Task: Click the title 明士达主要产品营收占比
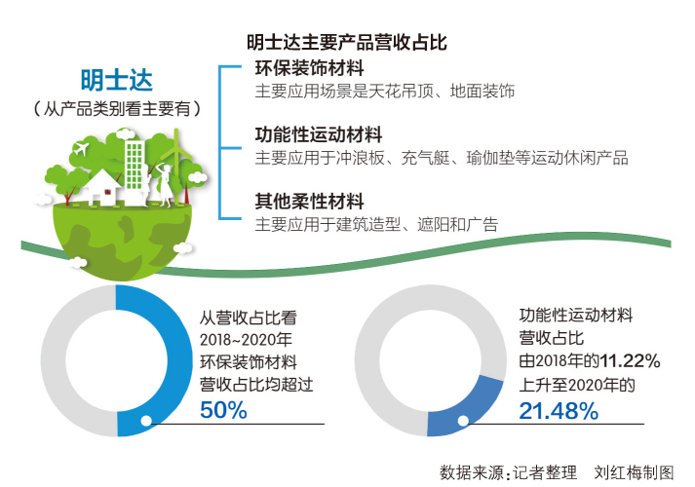[347, 43]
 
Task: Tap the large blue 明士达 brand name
[117, 80]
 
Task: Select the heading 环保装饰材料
[309, 68]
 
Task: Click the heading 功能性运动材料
[318, 134]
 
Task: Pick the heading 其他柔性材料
[309, 202]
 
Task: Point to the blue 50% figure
[223, 410]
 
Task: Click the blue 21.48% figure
[559, 411]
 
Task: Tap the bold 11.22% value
[625, 360]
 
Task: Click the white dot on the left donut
[146, 421]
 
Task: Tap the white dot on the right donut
[463, 421]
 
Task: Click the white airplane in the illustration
[81, 148]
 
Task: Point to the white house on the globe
[102, 188]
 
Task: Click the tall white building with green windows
[135, 170]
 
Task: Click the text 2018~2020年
[246, 340]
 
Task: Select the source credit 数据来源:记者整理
[509, 472]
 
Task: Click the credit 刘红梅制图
[634, 472]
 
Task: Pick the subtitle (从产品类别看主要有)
[117, 108]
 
